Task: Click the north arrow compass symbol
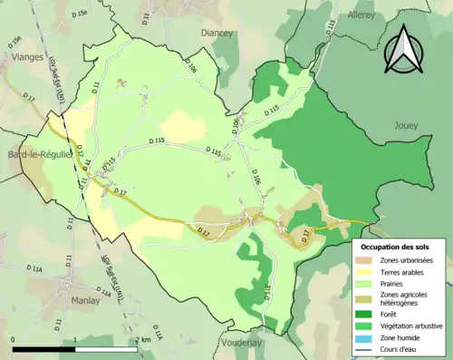404,49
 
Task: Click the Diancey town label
217,33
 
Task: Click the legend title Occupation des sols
396,246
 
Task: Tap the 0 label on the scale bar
14,340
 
